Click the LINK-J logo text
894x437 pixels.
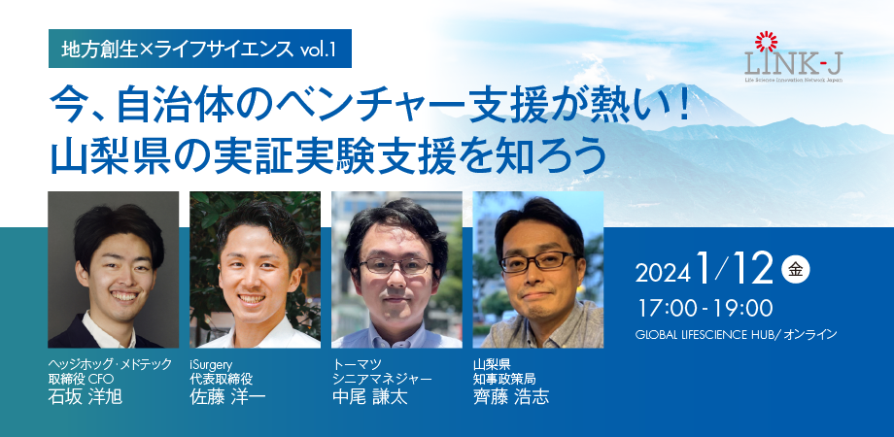(793, 64)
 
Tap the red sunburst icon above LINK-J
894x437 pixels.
(766, 42)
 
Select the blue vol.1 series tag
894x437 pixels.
(199, 49)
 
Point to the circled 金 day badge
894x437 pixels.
(795, 270)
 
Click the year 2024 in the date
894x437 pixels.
(663, 274)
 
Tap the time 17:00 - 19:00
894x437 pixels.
(705, 308)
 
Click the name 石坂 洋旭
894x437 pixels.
(85, 396)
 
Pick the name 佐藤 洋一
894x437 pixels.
(227, 396)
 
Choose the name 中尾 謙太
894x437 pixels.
(369, 396)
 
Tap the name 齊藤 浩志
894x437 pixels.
(511, 396)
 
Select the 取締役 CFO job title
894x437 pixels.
(82, 379)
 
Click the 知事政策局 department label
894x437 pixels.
(504, 379)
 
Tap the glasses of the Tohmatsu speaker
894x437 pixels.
(396, 265)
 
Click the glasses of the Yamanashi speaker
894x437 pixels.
(538, 261)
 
